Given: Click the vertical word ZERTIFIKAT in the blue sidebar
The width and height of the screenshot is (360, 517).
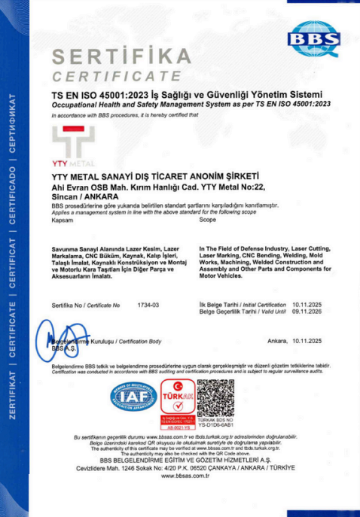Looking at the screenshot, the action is pos(13,392).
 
